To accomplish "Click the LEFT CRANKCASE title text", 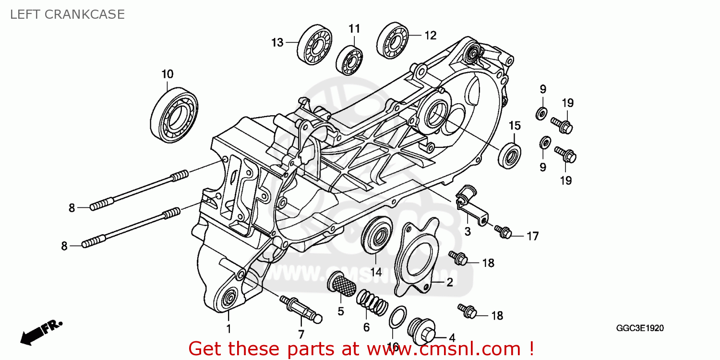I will [67, 14].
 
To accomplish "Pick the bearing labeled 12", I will [392, 40].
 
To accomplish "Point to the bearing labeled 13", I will [315, 43].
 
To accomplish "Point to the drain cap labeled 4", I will [421, 331].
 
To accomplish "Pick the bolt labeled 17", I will [504, 233].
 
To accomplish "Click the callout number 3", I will [467, 232].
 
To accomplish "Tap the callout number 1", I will [228, 329].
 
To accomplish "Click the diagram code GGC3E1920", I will [640, 329].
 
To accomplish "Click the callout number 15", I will [515, 126].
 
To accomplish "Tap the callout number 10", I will [167, 74].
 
